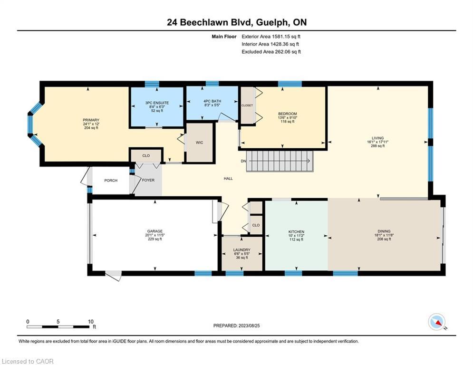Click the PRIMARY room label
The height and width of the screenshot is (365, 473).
point(91,120)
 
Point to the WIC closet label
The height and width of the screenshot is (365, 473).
point(199,142)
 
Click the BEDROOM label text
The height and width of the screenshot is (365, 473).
point(287,114)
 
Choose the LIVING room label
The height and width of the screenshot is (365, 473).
point(378,138)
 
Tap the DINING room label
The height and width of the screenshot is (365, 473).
point(384,231)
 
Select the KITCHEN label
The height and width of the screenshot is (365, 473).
point(296,232)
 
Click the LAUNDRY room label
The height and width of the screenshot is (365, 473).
point(241,250)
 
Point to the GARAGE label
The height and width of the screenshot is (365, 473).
point(154,231)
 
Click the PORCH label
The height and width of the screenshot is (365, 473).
point(111,180)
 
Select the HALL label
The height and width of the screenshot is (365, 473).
point(228,179)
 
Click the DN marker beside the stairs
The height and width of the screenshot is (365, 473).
point(243,161)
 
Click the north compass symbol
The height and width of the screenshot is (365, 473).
point(436,322)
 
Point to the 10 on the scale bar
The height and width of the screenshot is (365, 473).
point(90,321)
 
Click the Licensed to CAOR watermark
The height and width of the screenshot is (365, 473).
point(28,361)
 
